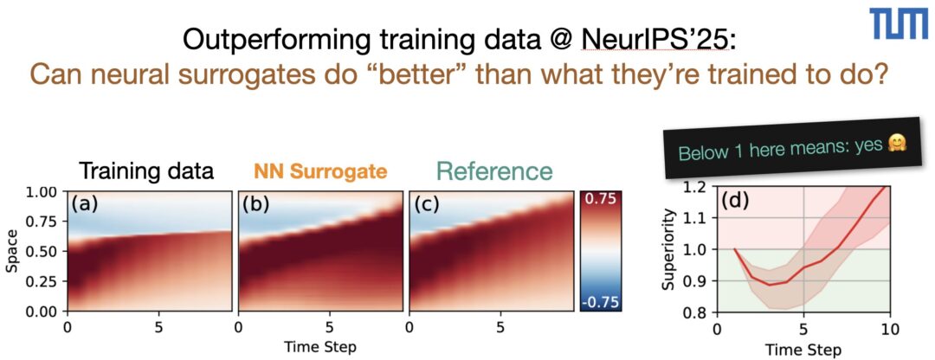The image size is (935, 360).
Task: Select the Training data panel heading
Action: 146,171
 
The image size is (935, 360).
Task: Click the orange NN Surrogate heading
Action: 320,171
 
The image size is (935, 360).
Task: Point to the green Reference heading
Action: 493,171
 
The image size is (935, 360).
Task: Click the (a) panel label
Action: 85,204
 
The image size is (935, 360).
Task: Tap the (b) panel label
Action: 255,204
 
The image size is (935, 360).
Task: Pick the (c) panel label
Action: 426,204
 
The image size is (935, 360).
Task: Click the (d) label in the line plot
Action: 734,199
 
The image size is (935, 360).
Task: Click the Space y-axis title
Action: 11,252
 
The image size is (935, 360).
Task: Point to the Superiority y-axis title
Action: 669,250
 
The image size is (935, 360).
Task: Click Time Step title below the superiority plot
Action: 803,348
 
